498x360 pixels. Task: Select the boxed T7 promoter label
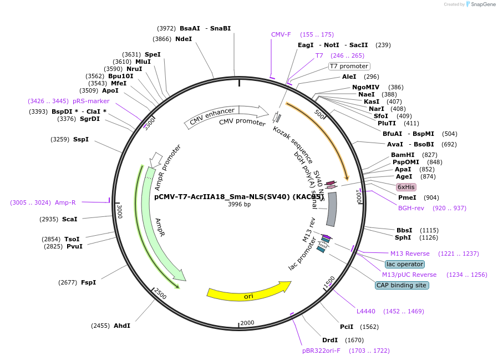(349, 66)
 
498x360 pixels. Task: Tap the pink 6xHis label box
(406, 187)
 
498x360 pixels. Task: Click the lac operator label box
(405, 264)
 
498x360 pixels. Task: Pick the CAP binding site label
(402, 285)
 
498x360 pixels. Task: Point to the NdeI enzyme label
(184, 39)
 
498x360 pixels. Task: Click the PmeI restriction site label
(407, 197)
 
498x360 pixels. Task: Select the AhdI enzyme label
(122, 326)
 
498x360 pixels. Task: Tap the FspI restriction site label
(88, 282)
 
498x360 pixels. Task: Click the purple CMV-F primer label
(281, 34)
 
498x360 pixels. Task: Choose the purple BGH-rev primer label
(411, 208)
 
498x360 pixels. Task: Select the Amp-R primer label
(65, 202)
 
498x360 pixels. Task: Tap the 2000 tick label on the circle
(247, 323)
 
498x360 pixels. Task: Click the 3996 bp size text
(239, 204)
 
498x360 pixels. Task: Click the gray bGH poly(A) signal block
(331, 209)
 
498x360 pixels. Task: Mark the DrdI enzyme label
(330, 340)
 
